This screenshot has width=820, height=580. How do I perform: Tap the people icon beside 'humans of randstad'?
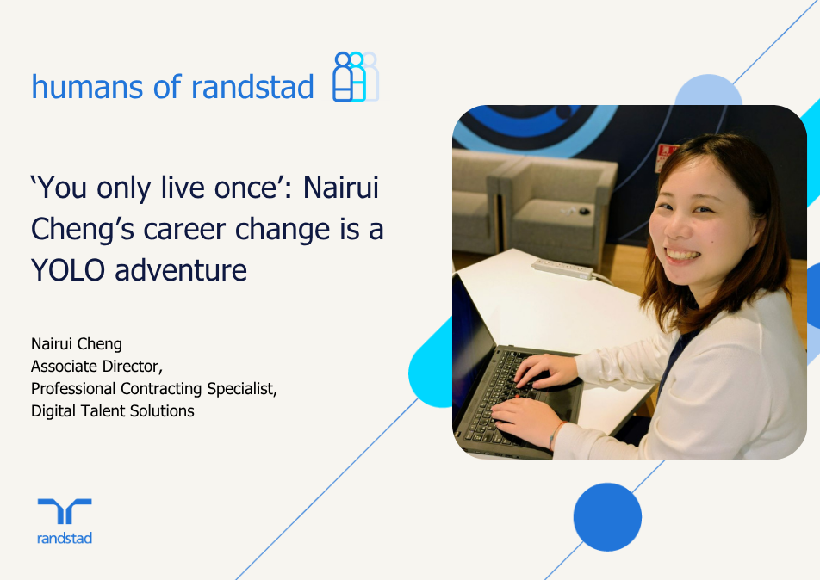(355, 77)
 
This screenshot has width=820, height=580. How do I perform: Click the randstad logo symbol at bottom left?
(65, 511)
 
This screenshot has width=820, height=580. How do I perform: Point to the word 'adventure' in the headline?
(181, 270)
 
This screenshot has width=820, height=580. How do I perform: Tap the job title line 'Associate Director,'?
(96, 367)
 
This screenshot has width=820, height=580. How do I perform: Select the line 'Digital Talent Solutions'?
(112, 411)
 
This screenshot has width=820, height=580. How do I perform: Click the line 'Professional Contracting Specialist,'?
(153, 389)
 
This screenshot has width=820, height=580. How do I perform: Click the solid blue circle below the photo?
(607, 516)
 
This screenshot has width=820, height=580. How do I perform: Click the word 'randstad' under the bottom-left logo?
(65, 539)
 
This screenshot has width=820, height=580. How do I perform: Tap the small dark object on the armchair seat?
(584, 211)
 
